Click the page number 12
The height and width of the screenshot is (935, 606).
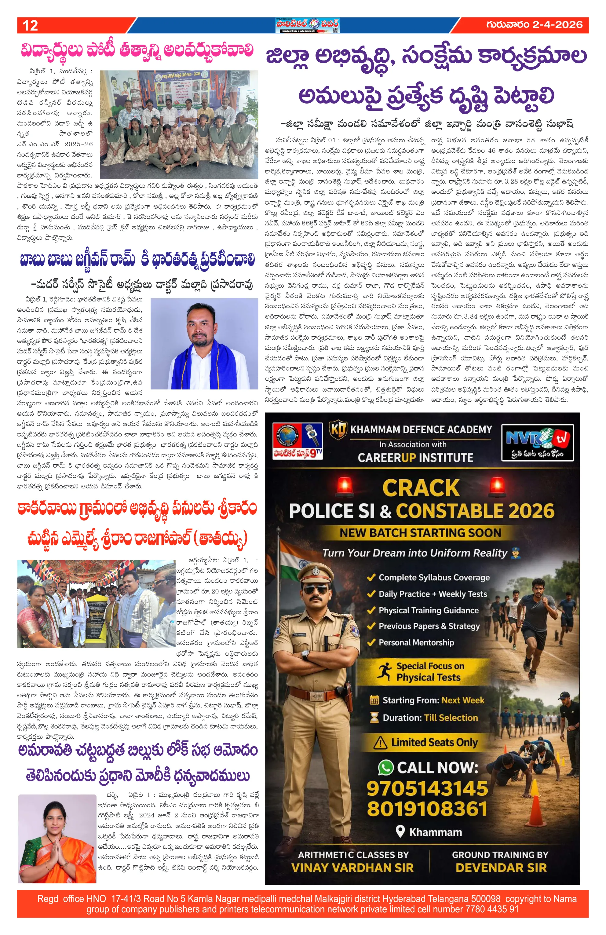point(30,26)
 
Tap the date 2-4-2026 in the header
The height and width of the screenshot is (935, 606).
point(557,25)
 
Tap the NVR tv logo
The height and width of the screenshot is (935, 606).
point(537,442)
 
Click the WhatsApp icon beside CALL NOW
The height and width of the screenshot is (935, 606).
point(385,767)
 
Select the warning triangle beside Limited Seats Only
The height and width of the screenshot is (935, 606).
point(380,743)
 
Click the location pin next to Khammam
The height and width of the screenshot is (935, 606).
point(400,831)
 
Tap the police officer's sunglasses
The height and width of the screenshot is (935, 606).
point(316,590)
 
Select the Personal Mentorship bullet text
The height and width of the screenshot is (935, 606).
point(416,643)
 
